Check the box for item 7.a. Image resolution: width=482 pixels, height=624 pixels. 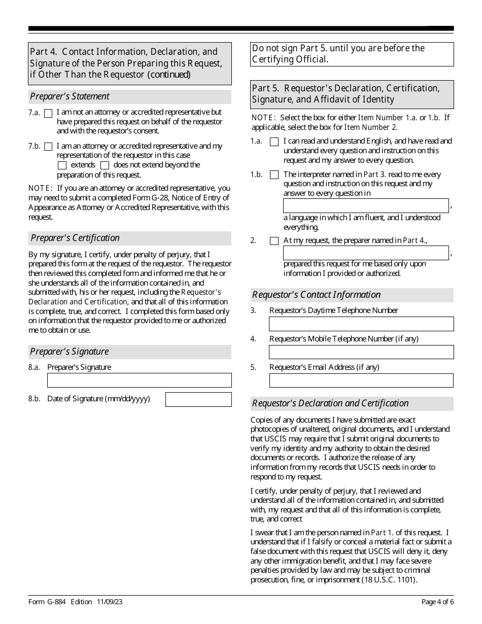[x=48, y=113]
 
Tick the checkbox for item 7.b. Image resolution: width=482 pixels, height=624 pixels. [x=48, y=147]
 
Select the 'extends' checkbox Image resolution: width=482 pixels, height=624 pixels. [x=62, y=165]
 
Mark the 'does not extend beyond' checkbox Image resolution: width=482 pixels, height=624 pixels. [x=105, y=165]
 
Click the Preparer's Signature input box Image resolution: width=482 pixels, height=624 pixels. [x=139, y=380]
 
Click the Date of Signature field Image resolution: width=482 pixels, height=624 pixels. [x=198, y=399]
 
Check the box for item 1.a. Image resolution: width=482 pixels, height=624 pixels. [x=274, y=142]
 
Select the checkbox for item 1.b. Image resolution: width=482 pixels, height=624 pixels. [x=274, y=175]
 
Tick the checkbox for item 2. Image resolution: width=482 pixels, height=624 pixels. [x=274, y=241]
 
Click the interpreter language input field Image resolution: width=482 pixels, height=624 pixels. [x=366, y=205]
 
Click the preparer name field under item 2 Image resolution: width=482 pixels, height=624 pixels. [x=366, y=253]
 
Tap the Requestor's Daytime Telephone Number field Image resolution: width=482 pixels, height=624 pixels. [x=361, y=324]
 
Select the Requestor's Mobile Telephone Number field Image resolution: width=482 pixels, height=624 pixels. [x=361, y=352]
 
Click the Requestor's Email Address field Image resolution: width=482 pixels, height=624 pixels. [x=361, y=380]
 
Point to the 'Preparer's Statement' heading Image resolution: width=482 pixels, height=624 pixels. [x=70, y=96]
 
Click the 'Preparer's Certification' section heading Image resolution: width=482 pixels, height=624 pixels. [x=75, y=238]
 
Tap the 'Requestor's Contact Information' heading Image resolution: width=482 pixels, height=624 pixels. [x=316, y=295]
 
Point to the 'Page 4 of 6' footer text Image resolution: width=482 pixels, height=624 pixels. [x=437, y=602]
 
